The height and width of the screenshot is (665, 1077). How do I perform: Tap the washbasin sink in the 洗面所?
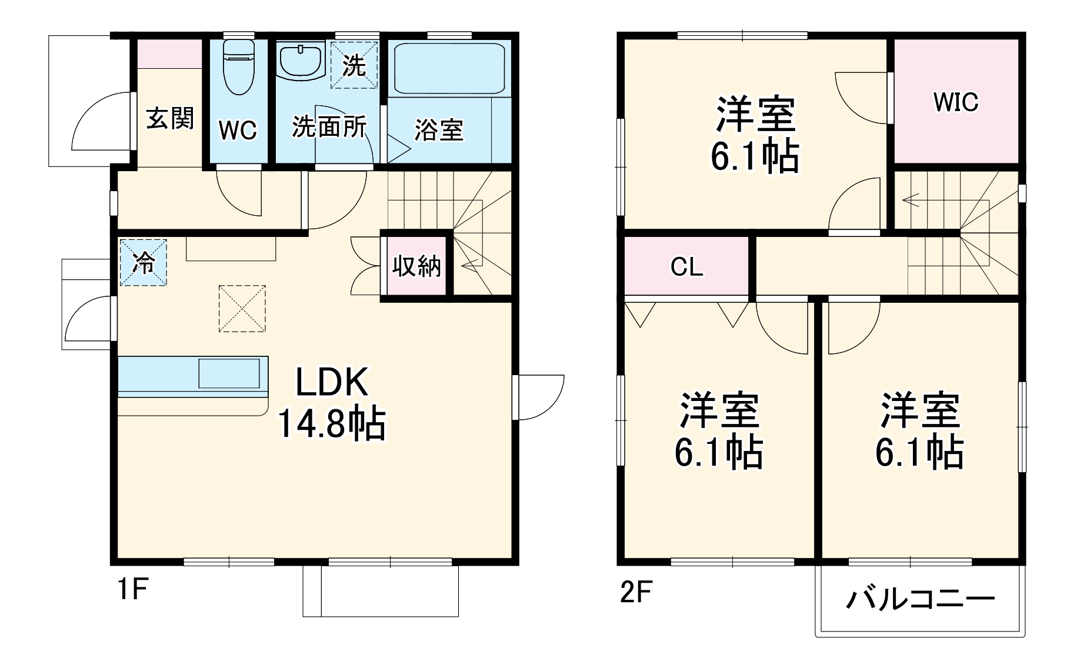[x=300, y=60]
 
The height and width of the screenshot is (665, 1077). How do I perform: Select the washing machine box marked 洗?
[x=354, y=65]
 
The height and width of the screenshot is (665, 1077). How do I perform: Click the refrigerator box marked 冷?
[x=143, y=262]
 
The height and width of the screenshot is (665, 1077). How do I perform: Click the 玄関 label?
[x=169, y=119]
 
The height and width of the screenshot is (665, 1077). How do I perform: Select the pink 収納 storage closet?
[x=416, y=266]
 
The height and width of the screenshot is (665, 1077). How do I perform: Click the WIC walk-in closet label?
[x=955, y=102]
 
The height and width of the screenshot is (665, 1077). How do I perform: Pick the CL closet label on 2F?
[x=686, y=268]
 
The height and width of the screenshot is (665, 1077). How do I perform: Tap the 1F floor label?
[x=132, y=589]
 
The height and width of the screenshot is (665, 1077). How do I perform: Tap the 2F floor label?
[x=636, y=592]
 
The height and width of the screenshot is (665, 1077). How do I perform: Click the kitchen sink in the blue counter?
[x=229, y=373]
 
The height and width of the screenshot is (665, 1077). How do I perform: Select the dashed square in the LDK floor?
[x=242, y=309]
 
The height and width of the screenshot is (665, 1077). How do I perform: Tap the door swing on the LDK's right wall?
[x=540, y=397]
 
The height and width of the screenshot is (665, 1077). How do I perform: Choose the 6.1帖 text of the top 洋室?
[x=755, y=156]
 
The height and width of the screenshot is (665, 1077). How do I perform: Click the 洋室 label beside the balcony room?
[x=920, y=410]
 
